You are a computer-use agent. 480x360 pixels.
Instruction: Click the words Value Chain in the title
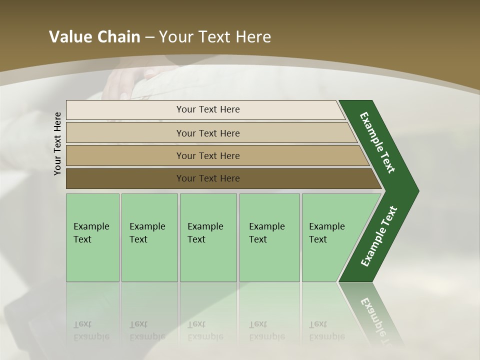click(94, 37)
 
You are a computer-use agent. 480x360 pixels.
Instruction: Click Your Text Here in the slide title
click(215, 37)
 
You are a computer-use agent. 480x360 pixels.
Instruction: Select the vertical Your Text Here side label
click(57, 143)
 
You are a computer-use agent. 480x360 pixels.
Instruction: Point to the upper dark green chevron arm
click(378, 142)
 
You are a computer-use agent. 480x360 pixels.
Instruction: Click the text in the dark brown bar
click(208, 178)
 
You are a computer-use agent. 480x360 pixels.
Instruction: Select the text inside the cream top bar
click(208, 109)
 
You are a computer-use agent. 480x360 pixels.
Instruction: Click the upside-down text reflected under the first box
click(90, 330)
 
